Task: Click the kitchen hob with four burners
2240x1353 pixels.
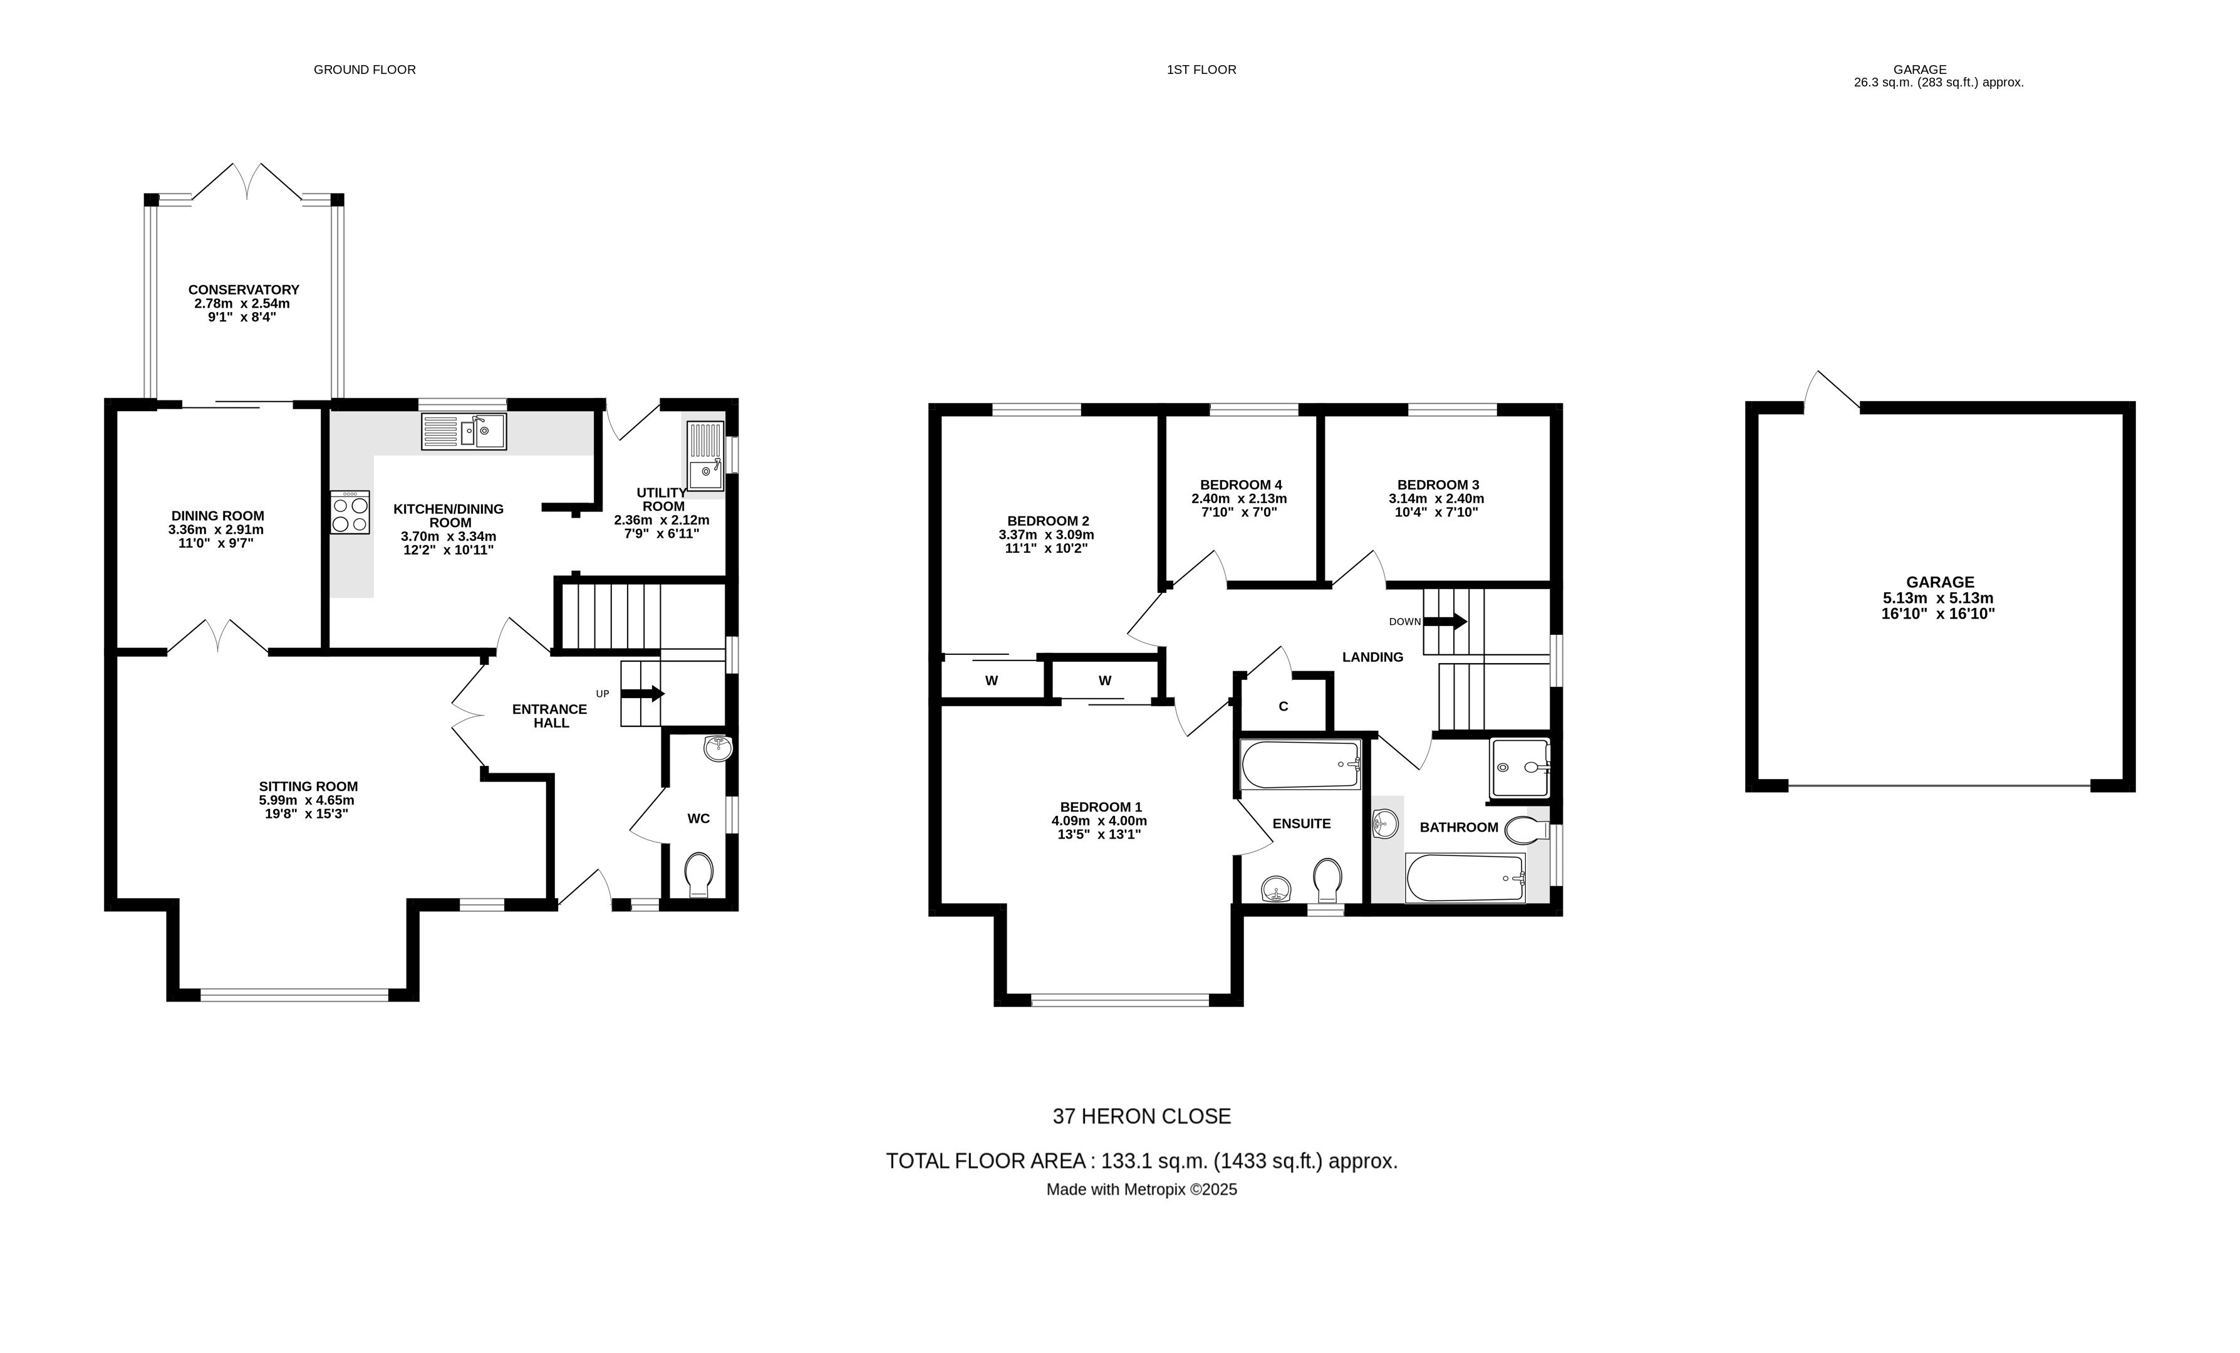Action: [350, 513]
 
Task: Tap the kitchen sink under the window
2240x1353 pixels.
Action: [464, 431]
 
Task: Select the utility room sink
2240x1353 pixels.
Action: [705, 456]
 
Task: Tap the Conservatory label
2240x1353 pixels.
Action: [244, 289]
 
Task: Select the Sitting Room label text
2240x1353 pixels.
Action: [308, 786]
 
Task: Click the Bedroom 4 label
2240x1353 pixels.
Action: [1240, 484]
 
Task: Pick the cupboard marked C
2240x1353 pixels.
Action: [1283, 706]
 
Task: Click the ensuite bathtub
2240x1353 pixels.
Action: [1300, 764]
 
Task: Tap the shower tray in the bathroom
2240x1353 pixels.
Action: [1518, 768]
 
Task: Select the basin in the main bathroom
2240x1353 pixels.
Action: [1384, 825]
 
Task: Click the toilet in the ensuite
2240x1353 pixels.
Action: [1327, 879]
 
